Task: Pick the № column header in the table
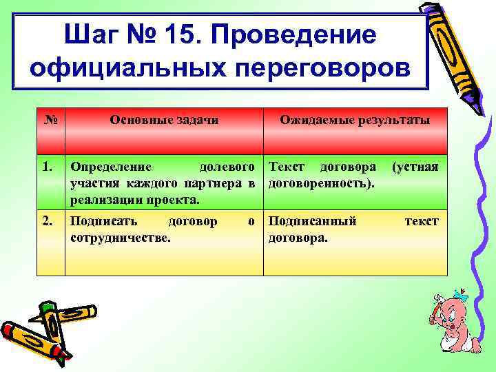click(50, 120)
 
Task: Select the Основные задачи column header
click(164, 120)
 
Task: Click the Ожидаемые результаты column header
click(354, 120)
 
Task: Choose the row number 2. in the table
click(48, 221)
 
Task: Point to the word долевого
click(228, 167)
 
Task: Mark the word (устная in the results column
click(415, 167)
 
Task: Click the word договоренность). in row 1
click(321, 184)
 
